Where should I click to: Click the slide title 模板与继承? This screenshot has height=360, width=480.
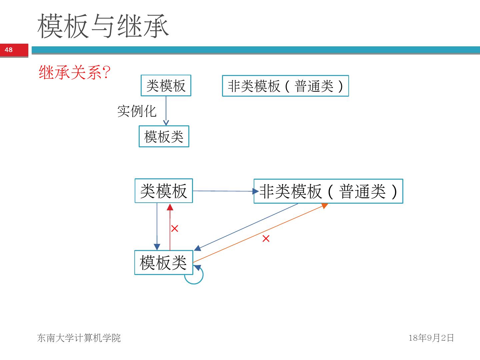(103, 26)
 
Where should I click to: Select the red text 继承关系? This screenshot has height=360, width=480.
(74, 72)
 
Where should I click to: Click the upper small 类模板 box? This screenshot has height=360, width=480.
(166, 86)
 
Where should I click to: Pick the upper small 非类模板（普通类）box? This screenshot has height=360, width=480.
(285, 86)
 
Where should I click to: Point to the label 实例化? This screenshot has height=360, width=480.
(137, 111)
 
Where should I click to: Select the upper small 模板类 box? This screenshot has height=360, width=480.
(164, 136)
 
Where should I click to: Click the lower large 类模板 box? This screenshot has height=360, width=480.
(164, 191)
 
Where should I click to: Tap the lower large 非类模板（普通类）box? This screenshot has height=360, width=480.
(328, 191)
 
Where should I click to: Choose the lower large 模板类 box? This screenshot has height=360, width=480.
(163, 263)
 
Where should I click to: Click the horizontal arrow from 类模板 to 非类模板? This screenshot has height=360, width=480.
(223, 191)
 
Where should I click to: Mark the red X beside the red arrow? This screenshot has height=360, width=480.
(175, 228)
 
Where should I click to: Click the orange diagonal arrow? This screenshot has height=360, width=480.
(260, 233)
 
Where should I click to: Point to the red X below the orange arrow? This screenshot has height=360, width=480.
(266, 239)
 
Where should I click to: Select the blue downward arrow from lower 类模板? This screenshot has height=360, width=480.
(157, 227)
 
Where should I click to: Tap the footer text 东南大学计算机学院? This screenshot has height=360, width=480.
(79, 338)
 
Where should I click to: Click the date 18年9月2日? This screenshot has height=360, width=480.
(431, 338)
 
